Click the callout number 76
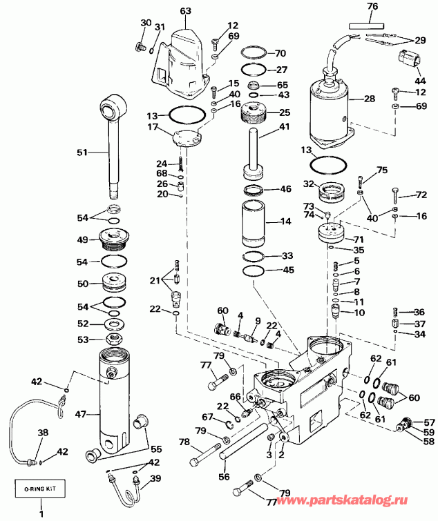pos(372,6)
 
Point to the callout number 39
pos(156,479)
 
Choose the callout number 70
pos(280,53)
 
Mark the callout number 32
pos(310,184)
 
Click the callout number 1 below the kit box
pos(39,513)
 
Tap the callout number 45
pos(287,270)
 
